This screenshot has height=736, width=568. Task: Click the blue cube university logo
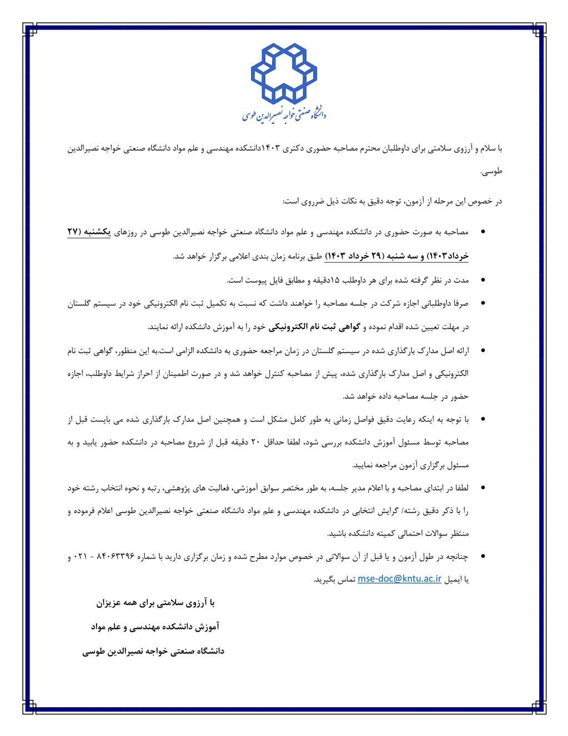coord(284,74)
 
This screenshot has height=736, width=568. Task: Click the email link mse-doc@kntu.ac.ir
coord(399,578)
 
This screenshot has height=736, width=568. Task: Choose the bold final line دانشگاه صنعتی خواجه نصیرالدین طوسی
coord(153,651)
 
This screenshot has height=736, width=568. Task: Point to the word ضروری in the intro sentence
coord(304,201)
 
